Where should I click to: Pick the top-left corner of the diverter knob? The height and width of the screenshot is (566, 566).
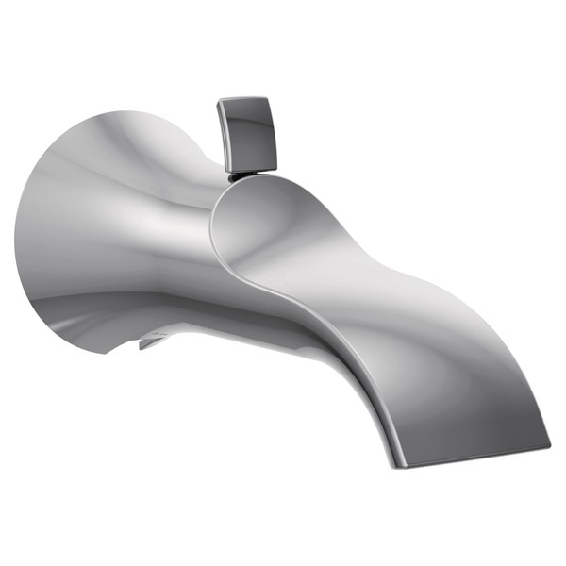pos(219,100)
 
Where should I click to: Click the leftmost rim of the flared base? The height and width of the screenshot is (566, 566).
pos(16,236)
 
